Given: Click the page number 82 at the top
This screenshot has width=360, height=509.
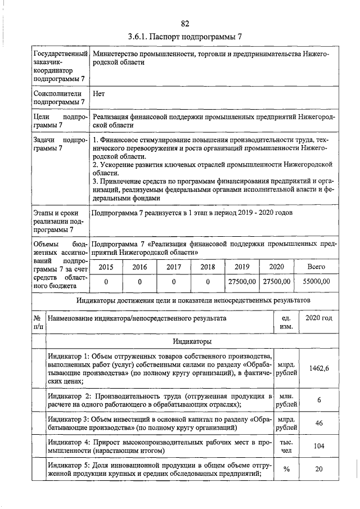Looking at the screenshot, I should click(x=185, y=23).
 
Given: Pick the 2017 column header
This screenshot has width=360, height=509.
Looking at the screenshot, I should click(x=174, y=267).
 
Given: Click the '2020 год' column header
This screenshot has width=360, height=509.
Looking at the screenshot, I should click(x=318, y=319).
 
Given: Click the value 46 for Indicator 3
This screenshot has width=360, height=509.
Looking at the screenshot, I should click(x=318, y=424).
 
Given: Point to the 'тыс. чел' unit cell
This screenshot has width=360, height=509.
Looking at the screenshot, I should click(x=286, y=447).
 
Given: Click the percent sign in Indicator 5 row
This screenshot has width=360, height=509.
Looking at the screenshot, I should click(x=286, y=471).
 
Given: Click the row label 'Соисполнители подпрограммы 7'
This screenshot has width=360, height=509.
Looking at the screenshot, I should click(x=58, y=98).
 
